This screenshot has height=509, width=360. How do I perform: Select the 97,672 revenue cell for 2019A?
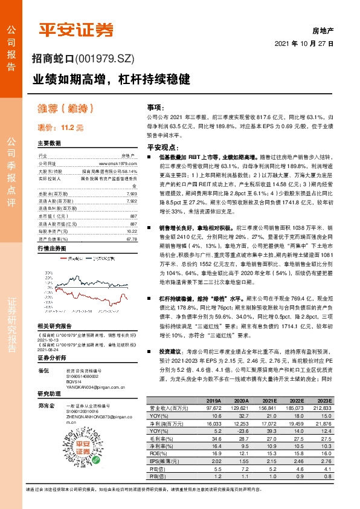[213, 407]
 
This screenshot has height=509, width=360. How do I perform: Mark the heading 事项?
[155, 106]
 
